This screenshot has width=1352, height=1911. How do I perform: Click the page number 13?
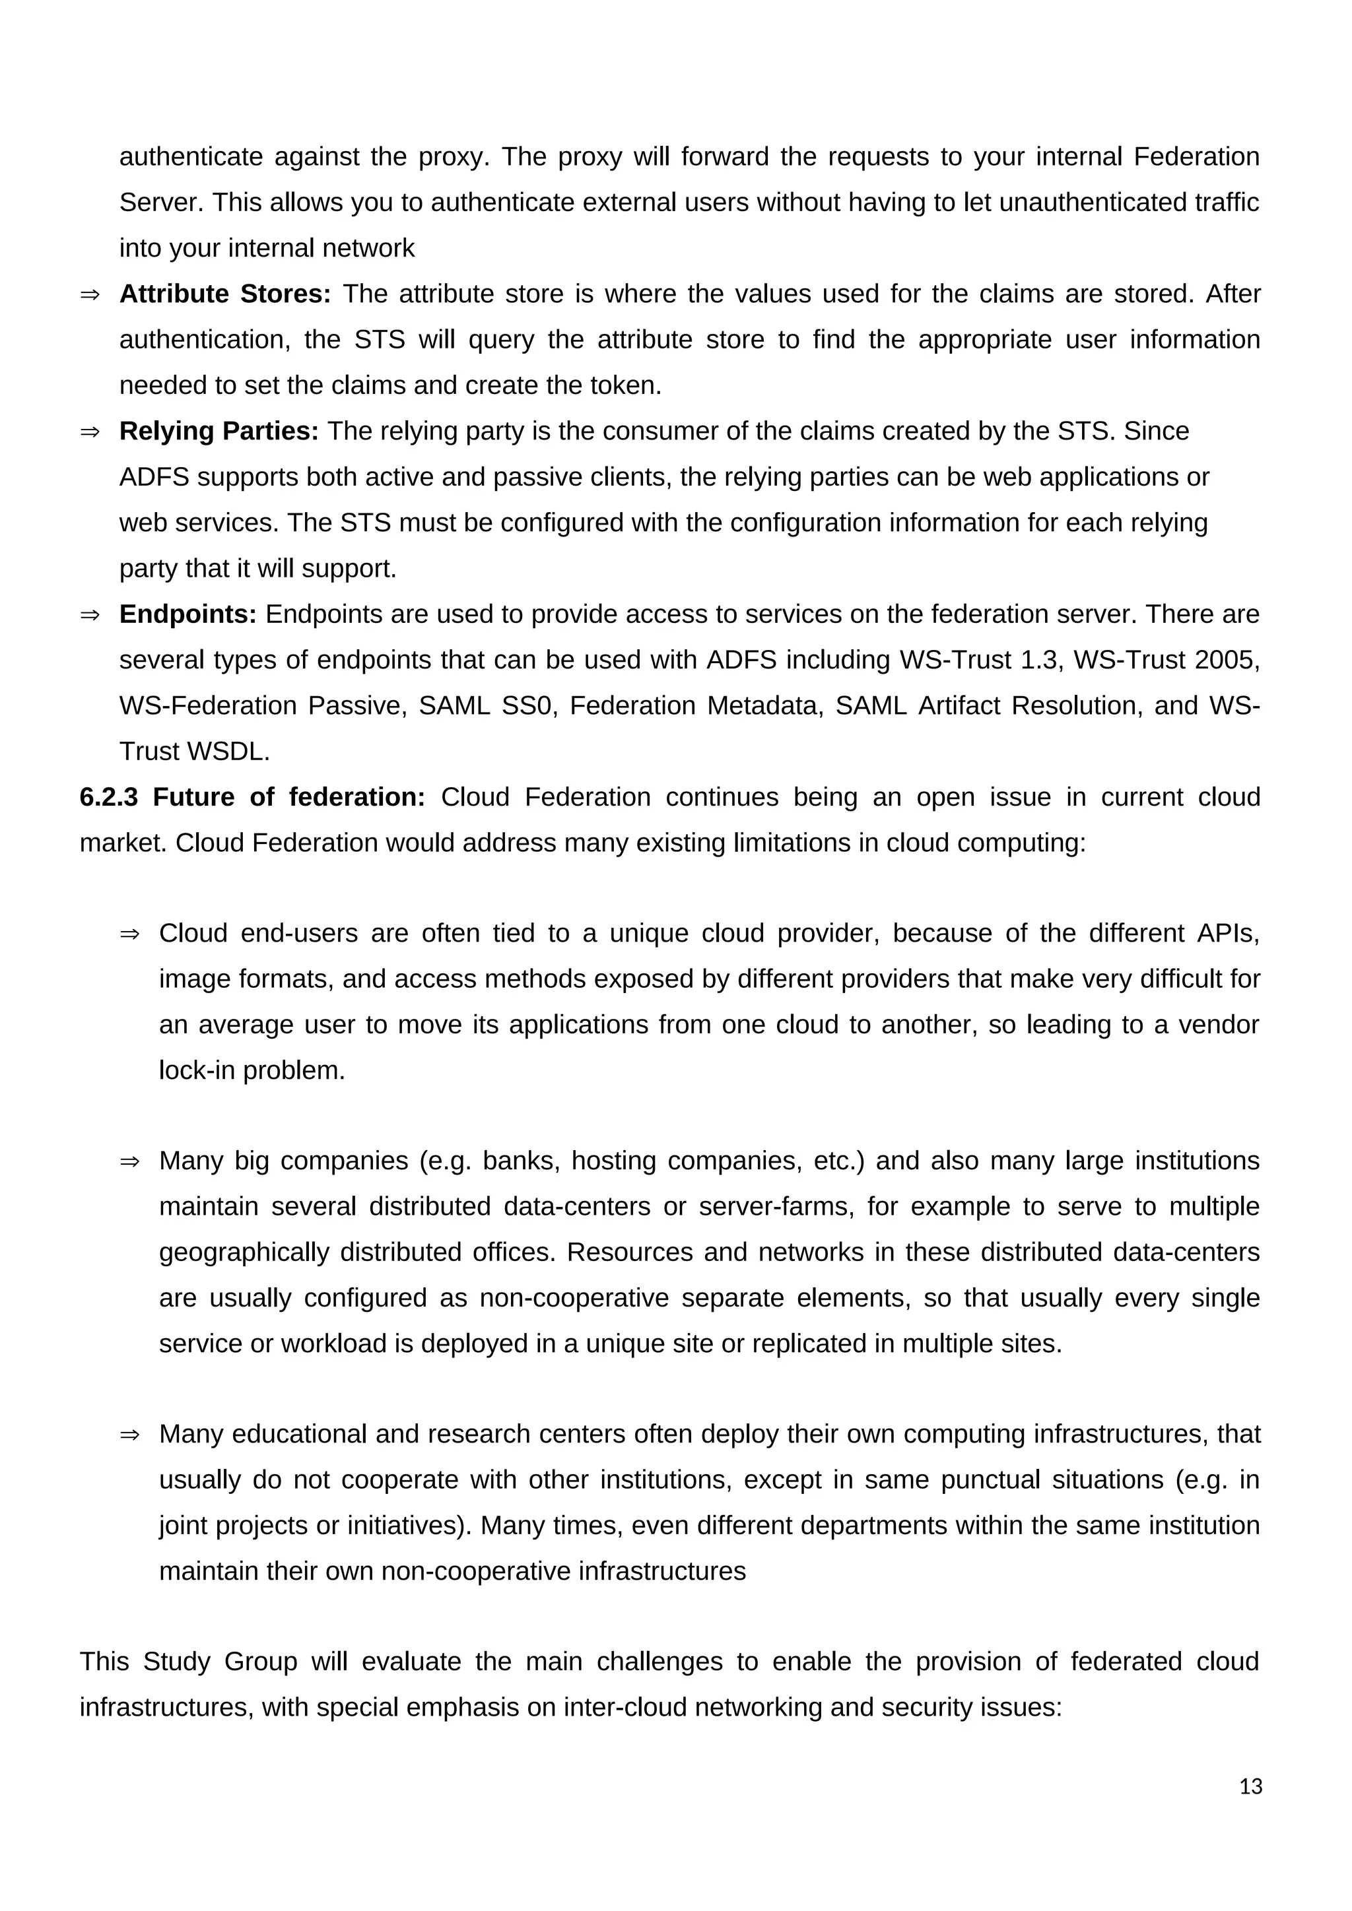point(1250,1787)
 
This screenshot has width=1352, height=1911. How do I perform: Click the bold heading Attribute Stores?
point(224,294)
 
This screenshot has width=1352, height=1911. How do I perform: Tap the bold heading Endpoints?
point(188,614)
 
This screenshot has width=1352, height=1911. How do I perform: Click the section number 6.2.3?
point(108,797)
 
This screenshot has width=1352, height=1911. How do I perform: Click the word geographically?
point(244,1252)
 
